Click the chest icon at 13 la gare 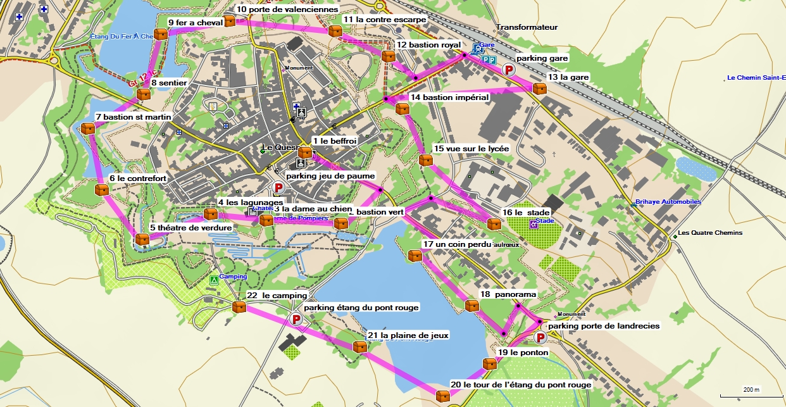539,89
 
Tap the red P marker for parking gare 508,70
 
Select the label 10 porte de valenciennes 287,9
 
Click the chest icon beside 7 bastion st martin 88,128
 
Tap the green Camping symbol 214,279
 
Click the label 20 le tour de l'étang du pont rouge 521,384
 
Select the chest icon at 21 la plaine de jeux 359,346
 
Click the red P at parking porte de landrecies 541,338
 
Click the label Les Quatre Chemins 709,232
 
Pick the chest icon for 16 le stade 494,223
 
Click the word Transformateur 527,27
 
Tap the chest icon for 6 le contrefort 101,189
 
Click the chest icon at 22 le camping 239,307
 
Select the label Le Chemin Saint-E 756,78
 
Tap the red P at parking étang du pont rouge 295,320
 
